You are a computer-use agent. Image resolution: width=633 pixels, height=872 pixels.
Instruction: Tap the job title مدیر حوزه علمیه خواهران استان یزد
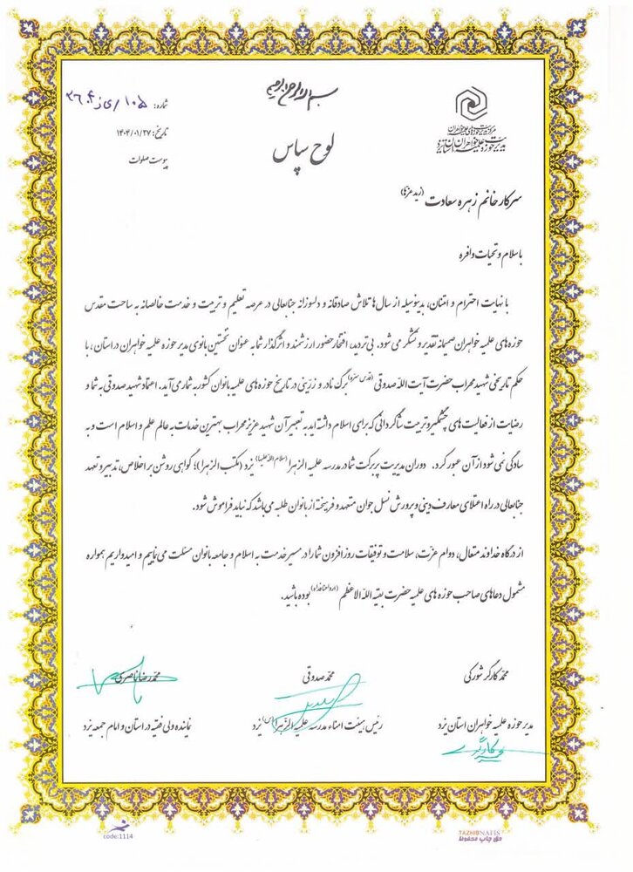494,726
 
